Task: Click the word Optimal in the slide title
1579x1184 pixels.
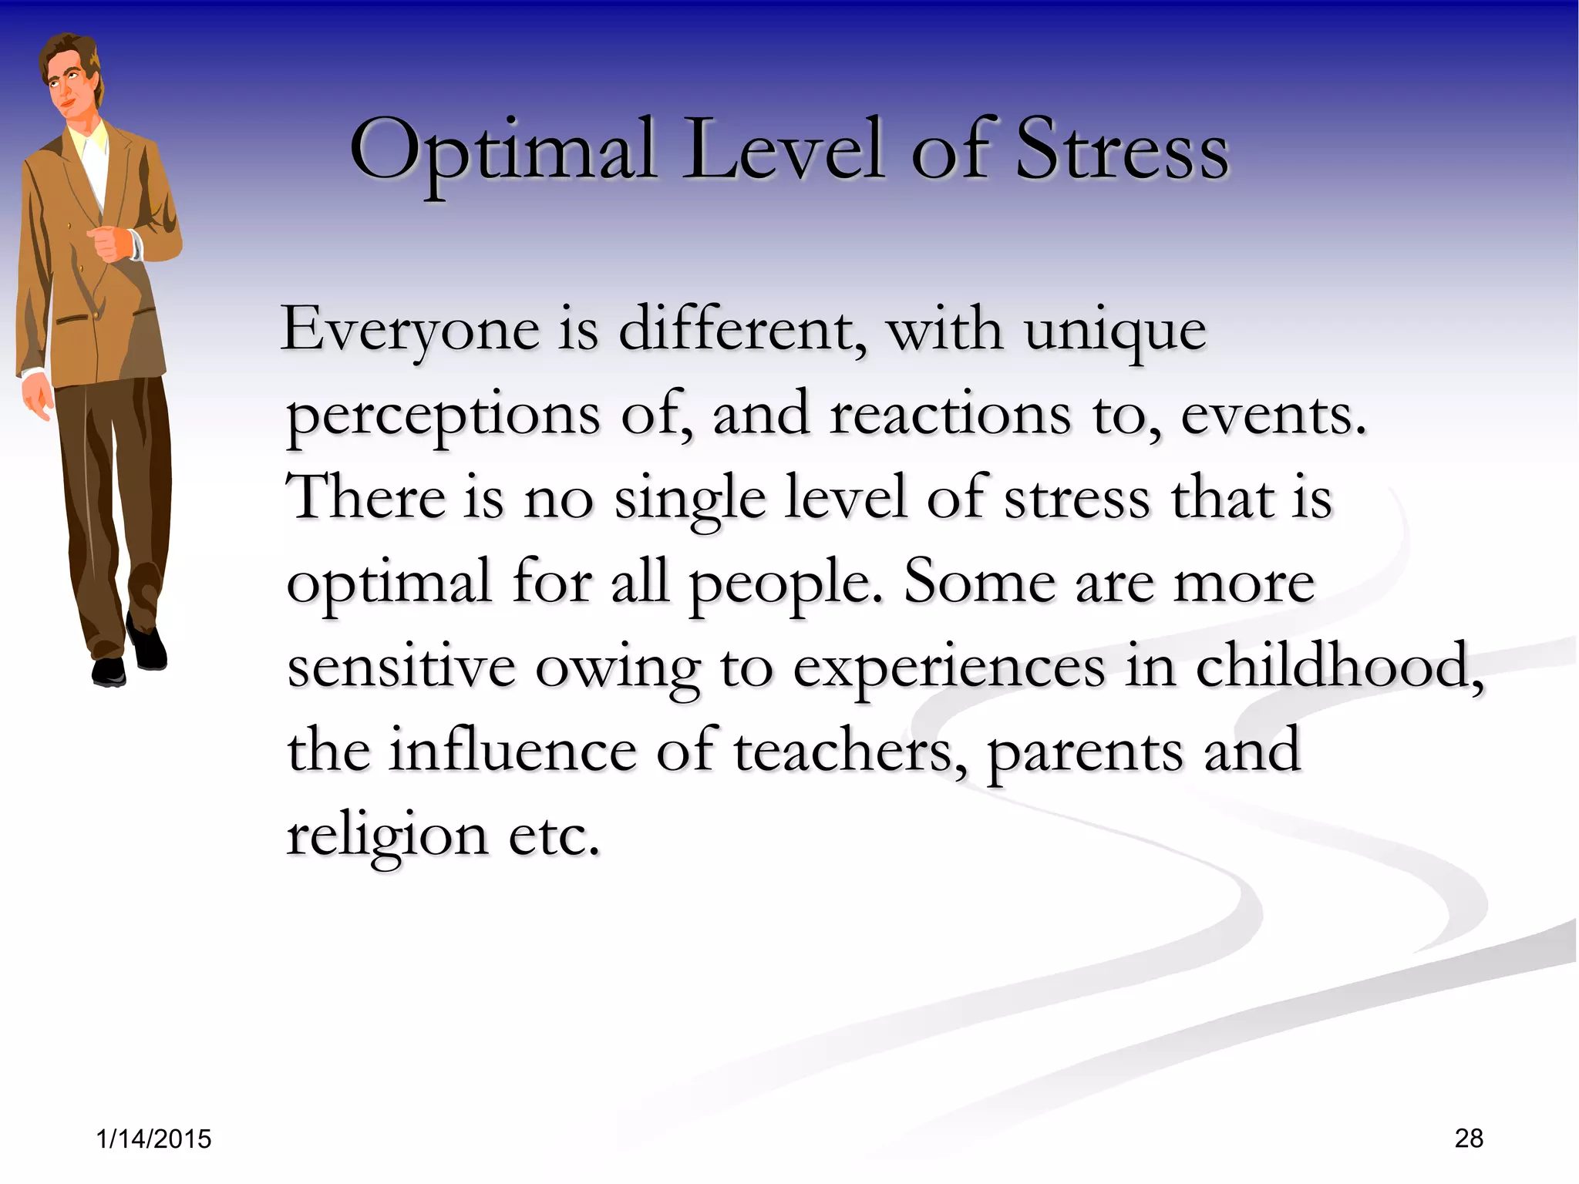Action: pos(503,150)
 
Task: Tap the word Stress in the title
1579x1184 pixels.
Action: pos(1121,150)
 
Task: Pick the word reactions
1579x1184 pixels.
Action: pos(950,415)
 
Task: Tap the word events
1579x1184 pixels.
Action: pos(1274,415)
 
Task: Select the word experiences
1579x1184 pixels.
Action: pos(949,669)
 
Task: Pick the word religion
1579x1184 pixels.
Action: pos(387,836)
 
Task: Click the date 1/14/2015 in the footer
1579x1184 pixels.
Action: pos(154,1139)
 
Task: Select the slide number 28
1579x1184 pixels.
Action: pos(1469,1138)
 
